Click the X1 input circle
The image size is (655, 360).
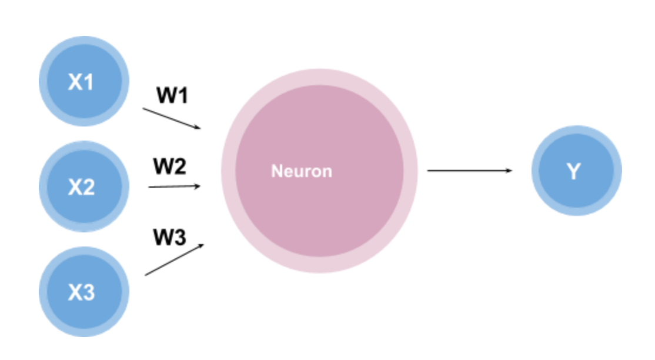tap(83, 81)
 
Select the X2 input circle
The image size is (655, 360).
tap(83, 186)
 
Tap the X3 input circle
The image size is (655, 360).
tap(83, 292)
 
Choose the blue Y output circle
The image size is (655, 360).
tap(576, 171)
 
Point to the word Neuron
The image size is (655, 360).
tap(301, 171)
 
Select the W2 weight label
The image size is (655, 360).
tap(169, 167)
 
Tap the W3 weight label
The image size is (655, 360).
tap(169, 238)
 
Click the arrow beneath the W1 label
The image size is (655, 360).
tap(171, 118)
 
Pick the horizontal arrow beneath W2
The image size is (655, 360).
tap(174, 186)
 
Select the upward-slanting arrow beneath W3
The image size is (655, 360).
tap(174, 259)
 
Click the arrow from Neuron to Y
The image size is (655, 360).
tap(469, 171)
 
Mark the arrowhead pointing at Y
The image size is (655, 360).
tap(509, 171)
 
